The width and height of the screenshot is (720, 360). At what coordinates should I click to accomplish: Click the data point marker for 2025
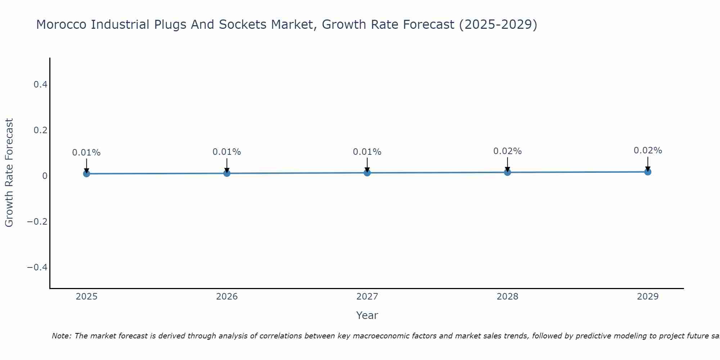click(x=86, y=174)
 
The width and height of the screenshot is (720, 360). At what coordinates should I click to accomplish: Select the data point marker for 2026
click(x=227, y=173)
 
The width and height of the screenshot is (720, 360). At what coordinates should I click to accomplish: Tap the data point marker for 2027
click(x=367, y=173)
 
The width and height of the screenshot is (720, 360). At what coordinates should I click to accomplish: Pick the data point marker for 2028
click(x=507, y=172)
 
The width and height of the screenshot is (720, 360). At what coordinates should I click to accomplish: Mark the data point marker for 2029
click(x=648, y=172)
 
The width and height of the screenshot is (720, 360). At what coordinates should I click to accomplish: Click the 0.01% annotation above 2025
click(x=86, y=153)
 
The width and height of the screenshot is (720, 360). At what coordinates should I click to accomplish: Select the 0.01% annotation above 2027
click(x=367, y=152)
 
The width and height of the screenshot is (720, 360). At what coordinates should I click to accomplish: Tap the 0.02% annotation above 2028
click(x=507, y=151)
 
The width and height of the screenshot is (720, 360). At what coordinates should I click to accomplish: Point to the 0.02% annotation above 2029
click(x=648, y=150)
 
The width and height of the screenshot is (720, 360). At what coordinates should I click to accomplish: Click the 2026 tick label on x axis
click(x=227, y=297)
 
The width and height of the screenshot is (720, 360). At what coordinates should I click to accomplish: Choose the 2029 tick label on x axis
click(x=648, y=297)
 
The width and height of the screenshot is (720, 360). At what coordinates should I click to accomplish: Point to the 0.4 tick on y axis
click(x=40, y=85)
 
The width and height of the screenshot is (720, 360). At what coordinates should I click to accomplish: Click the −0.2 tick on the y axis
click(x=37, y=221)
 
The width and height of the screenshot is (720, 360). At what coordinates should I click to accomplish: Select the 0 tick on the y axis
click(x=45, y=176)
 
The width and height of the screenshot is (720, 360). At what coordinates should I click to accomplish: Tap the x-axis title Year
click(x=367, y=315)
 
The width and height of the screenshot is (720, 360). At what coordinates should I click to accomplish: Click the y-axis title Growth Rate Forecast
click(x=9, y=172)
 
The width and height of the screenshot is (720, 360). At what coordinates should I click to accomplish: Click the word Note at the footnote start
click(x=62, y=336)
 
